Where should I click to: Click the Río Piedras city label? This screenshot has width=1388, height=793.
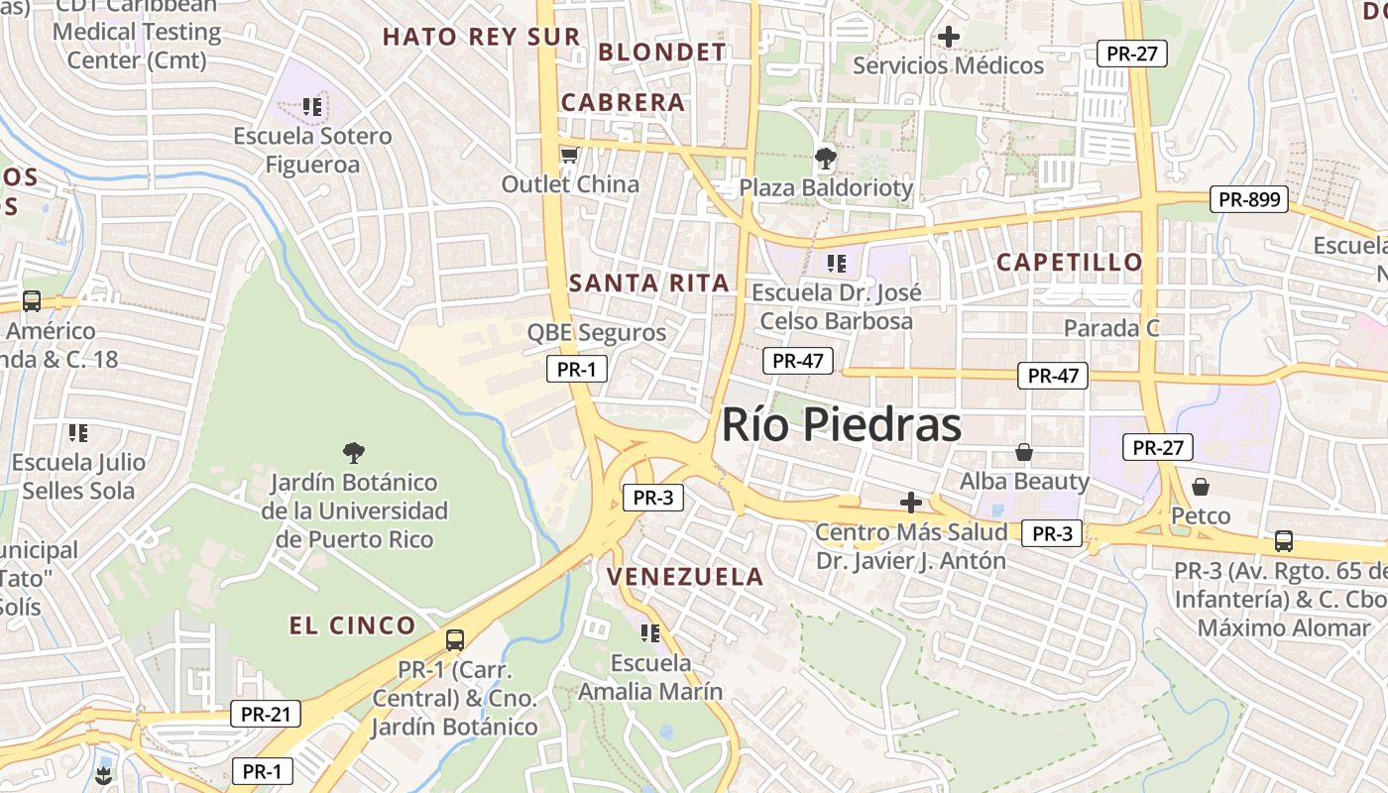click(x=841, y=424)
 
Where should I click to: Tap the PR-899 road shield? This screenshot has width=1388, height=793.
click(x=1248, y=199)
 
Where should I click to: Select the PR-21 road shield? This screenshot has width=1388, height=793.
click(x=265, y=713)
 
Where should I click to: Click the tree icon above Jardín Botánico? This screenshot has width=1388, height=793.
click(x=353, y=453)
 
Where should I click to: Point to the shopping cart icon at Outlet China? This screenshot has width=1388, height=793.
click(x=569, y=156)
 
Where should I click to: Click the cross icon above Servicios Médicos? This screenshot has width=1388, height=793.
click(x=948, y=38)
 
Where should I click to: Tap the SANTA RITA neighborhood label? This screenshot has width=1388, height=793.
click(x=649, y=283)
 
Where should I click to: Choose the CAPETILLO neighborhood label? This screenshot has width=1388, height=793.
click(x=1069, y=262)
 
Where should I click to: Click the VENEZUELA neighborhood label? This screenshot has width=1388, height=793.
click(x=685, y=576)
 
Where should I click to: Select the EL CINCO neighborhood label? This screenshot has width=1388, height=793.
click(x=352, y=624)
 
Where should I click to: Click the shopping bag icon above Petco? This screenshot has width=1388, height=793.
click(x=1200, y=487)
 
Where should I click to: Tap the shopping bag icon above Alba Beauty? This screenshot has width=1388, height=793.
click(x=1024, y=452)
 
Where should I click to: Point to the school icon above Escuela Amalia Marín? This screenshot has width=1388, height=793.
click(x=650, y=632)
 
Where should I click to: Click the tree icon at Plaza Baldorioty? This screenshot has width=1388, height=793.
click(x=824, y=158)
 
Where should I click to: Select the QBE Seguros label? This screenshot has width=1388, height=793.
click(x=597, y=332)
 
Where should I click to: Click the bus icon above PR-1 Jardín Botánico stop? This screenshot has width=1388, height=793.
click(x=454, y=639)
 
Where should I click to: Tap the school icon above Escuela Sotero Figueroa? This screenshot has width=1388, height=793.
click(x=312, y=106)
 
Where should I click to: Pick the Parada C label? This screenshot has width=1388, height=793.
click(x=1110, y=327)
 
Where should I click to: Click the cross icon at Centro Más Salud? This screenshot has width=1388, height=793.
click(x=910, y=503)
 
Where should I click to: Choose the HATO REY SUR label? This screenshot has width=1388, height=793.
click(x=481, y=37)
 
